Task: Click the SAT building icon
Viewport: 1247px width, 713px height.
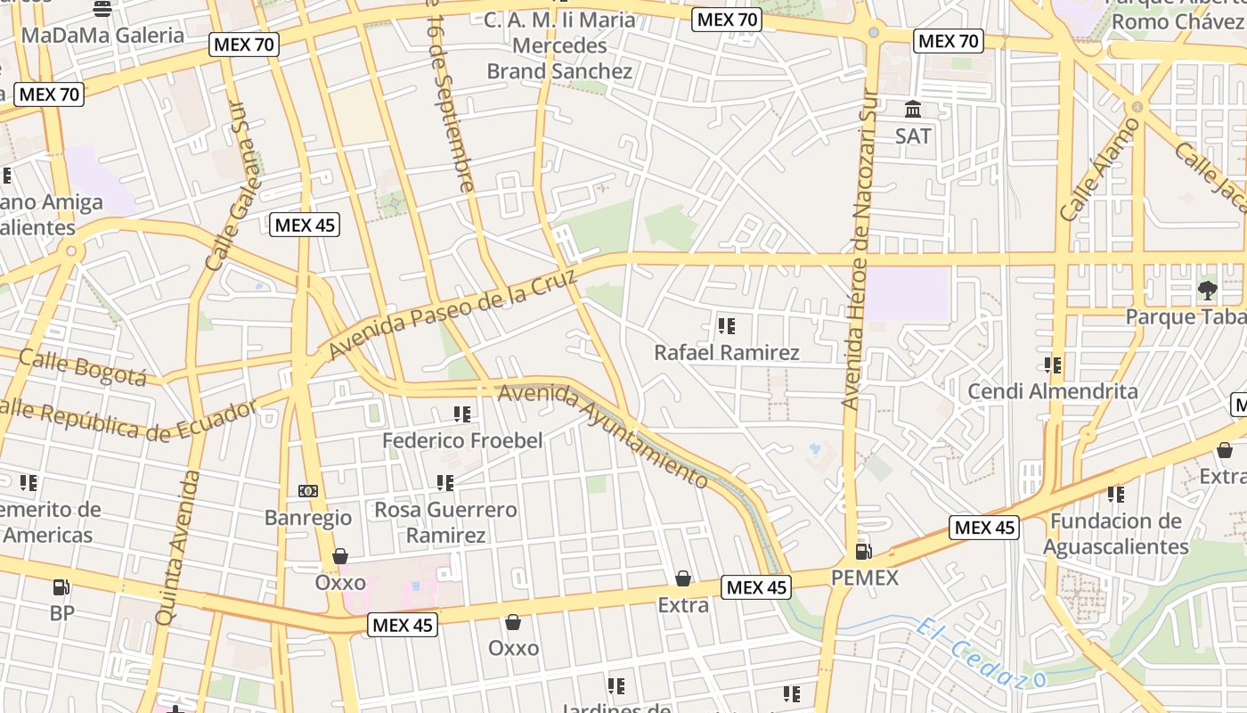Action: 913,110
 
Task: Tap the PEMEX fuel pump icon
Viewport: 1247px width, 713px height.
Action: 862,552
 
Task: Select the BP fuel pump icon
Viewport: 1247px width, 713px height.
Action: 61,587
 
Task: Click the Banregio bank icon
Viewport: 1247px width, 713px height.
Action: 308,491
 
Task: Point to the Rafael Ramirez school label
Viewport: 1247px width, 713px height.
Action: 727,353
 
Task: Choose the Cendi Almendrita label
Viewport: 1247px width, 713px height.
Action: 1053,391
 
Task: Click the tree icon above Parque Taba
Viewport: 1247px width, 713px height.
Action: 1208,289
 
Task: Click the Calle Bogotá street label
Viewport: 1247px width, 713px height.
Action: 82,366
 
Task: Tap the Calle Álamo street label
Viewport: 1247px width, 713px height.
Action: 1099,170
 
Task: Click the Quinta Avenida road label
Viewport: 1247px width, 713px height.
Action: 178,547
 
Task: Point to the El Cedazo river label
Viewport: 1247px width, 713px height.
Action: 980,655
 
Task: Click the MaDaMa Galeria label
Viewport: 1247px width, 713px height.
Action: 102,36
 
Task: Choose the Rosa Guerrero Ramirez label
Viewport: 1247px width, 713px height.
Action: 445,522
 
